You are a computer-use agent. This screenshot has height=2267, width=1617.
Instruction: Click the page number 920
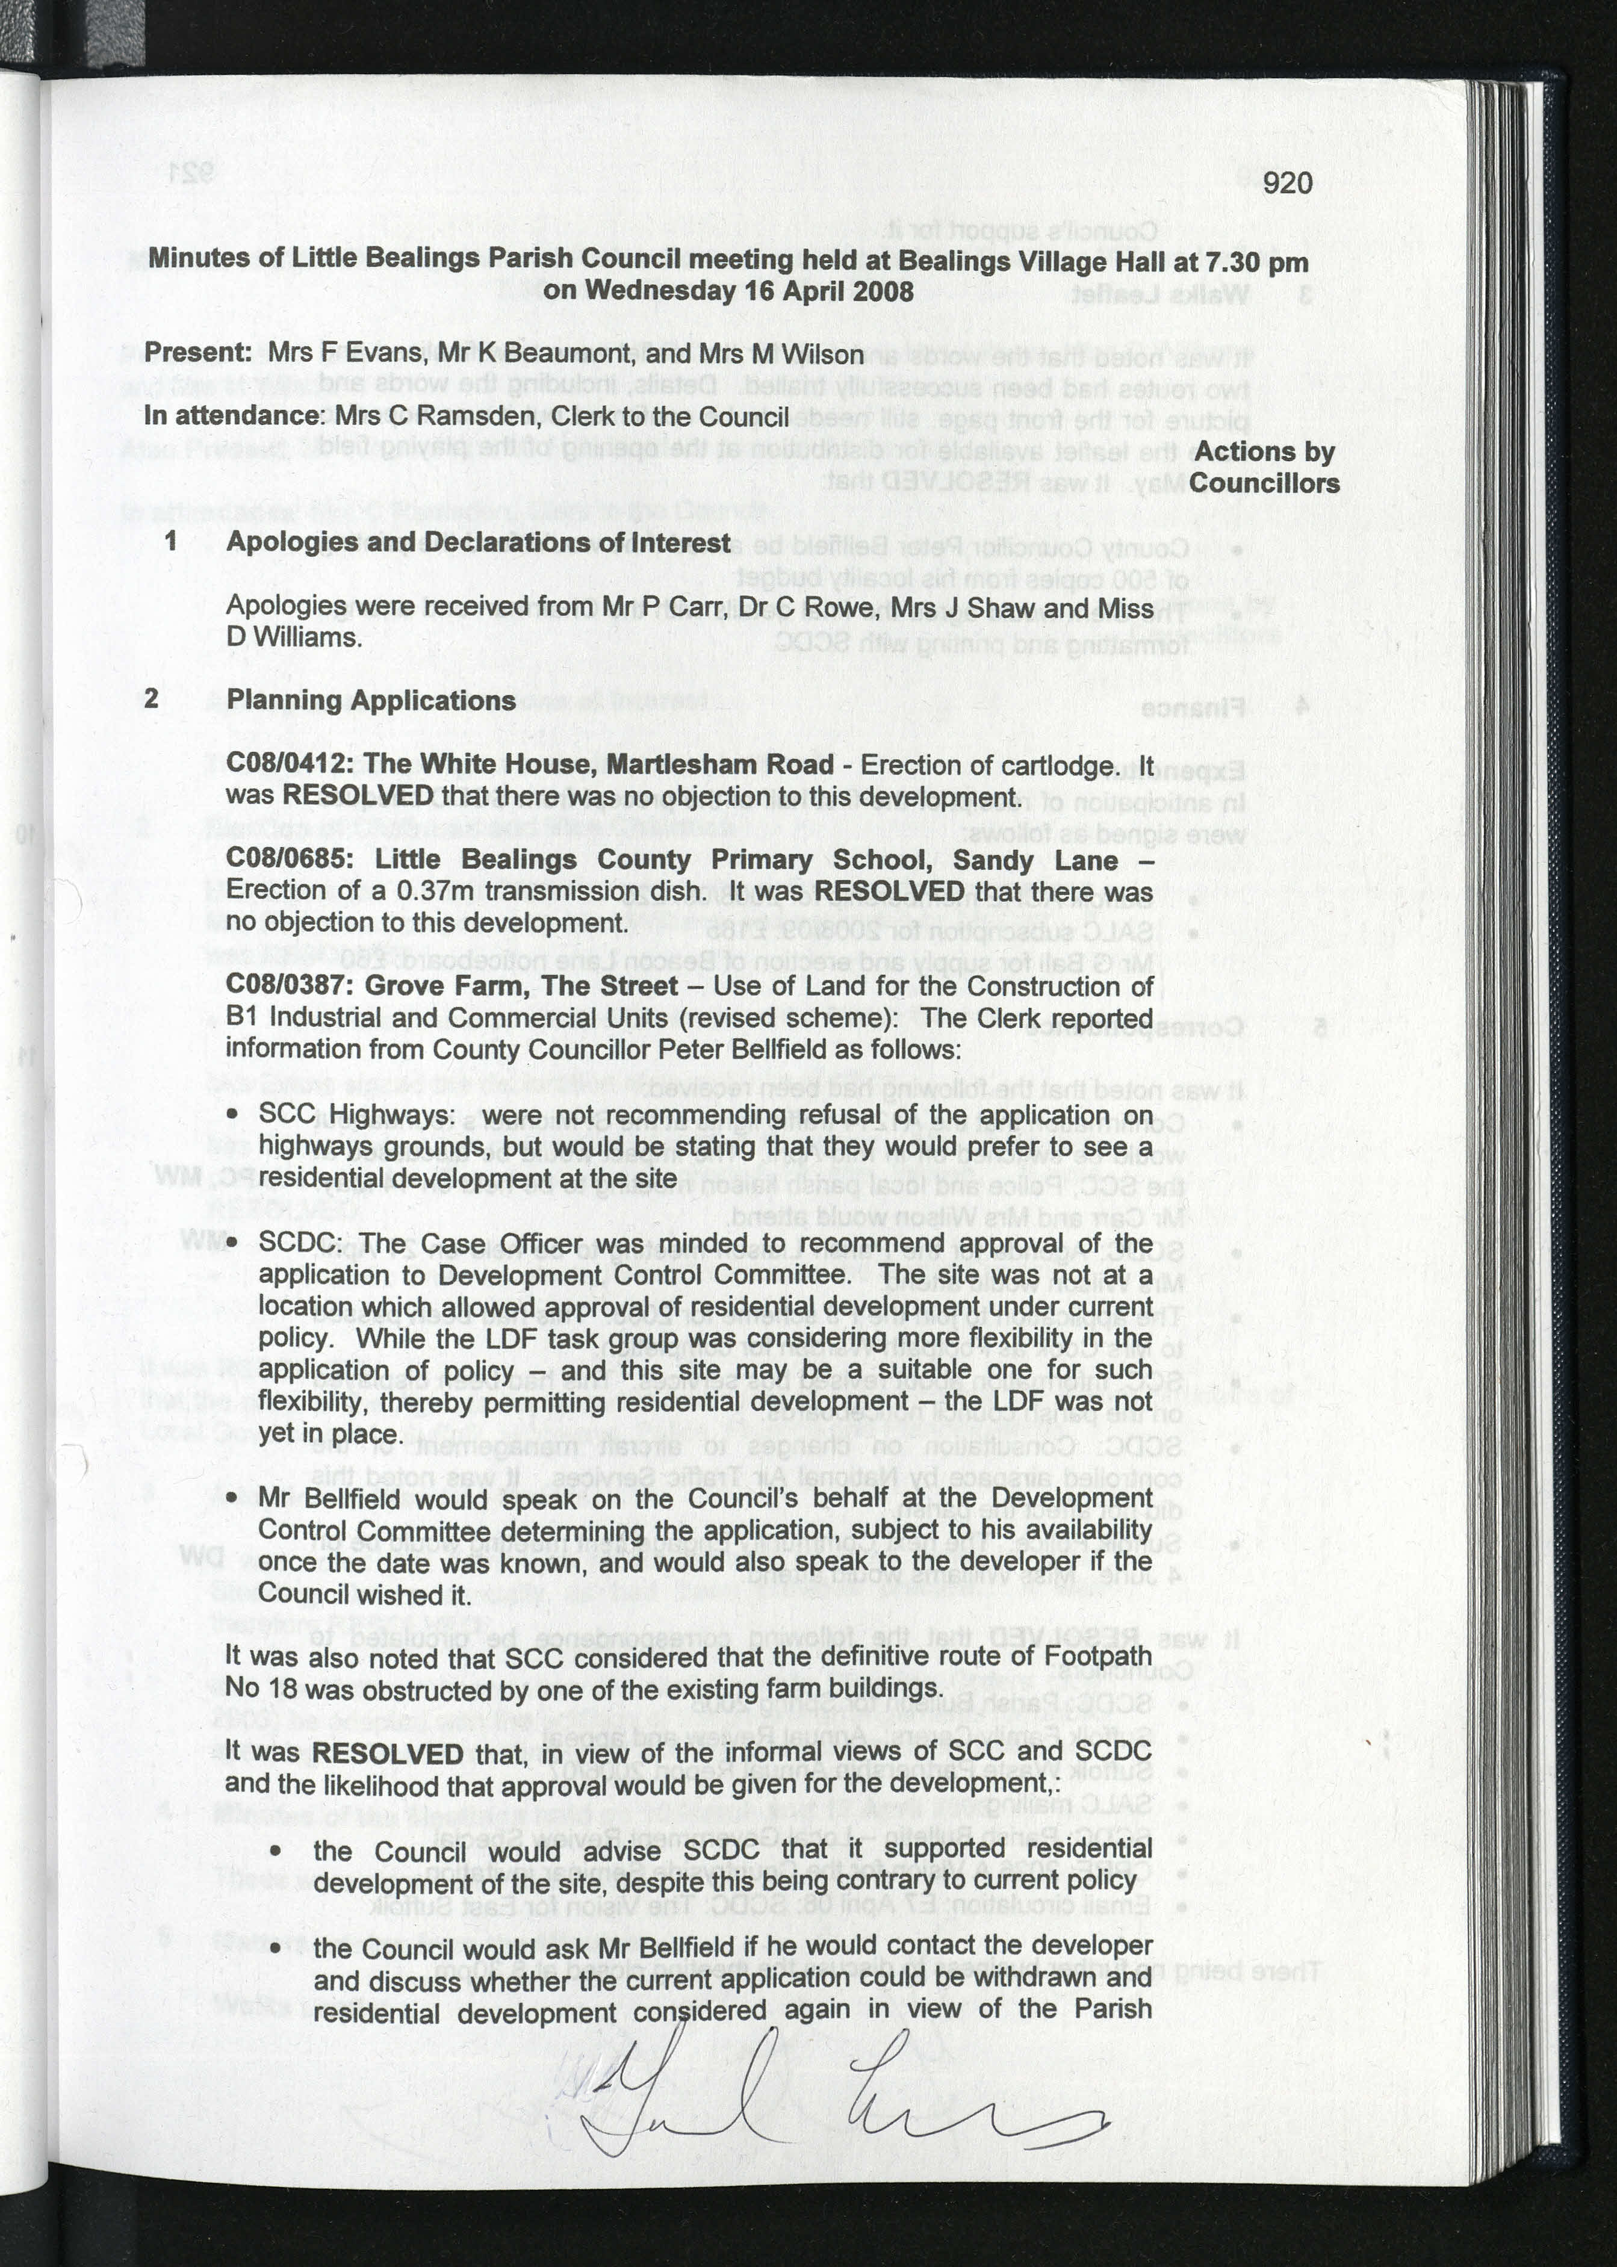coord(1288,183)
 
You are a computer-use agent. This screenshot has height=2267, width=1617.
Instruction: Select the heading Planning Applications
coord(370,700)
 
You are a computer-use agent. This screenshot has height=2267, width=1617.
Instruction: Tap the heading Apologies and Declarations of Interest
coord(478,542)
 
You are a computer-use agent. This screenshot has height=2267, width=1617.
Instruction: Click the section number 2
coord(151,698)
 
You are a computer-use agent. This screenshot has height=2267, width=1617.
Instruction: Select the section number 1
coord(171,542)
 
